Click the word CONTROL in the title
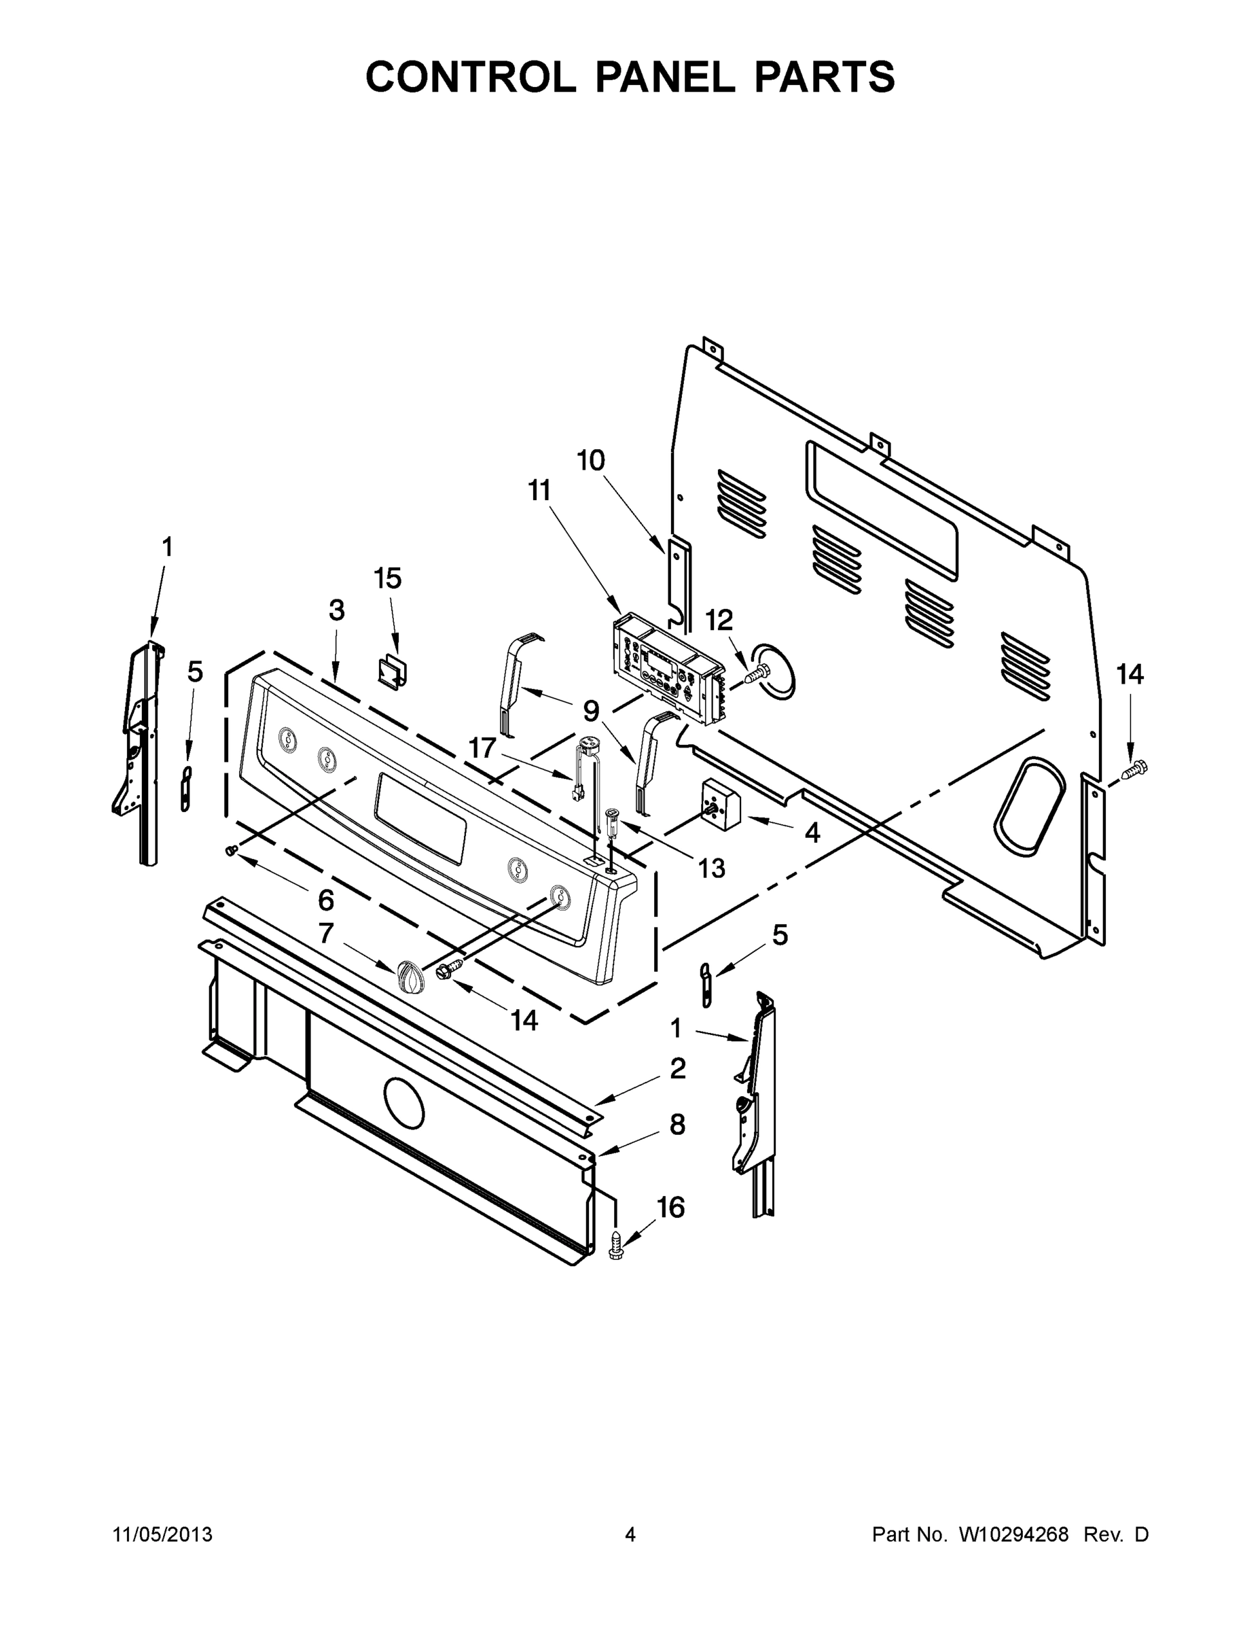pyautogui.click(x=470, y=77)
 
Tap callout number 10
pyautogui.click(x=590, y=461)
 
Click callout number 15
pyautogui.click(x=387, y=578)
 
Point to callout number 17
pyautogui.click(x=482, y=747)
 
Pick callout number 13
pyautogui.click(x=711, y=868)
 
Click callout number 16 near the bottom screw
pyautogui.click(x=670, y=1208)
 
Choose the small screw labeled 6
pyautogui.click(x=232, y=850)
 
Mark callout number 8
pyautogui.click(x=677, y=1125)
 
